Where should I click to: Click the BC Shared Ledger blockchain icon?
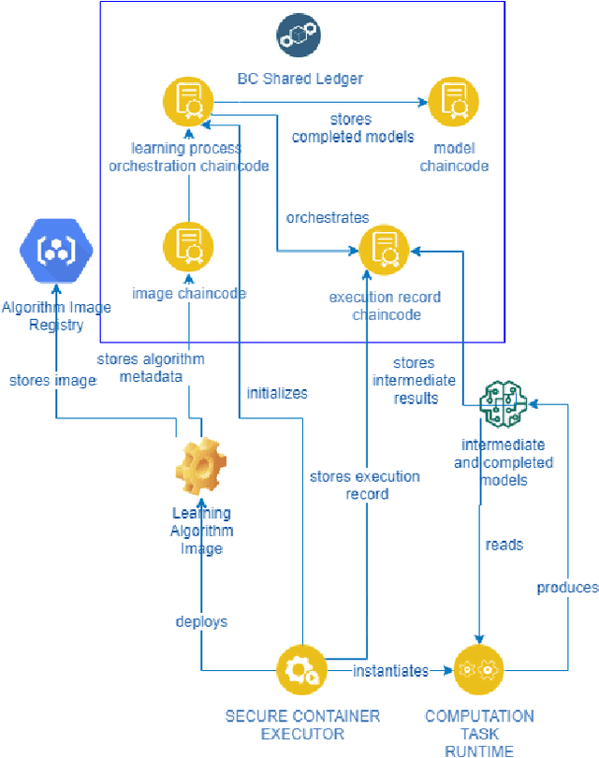click(299, 34)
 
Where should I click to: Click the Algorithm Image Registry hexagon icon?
click(55, 252)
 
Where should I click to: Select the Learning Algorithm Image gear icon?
click(201, 468)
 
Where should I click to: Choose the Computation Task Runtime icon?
click(478, 671)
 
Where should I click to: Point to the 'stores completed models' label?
click(352, 128)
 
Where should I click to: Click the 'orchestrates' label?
click(328, 217)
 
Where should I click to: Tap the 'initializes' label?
click(276, 393)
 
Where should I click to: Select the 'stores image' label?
click(52, 380)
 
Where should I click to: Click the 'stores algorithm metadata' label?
click(151, 368)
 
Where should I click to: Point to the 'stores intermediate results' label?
click(414, 380)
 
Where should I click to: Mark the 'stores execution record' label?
click(364, 485)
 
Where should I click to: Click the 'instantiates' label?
click(390, 671)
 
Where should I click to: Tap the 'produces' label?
click(567, 588)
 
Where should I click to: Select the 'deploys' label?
click(201, 621)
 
